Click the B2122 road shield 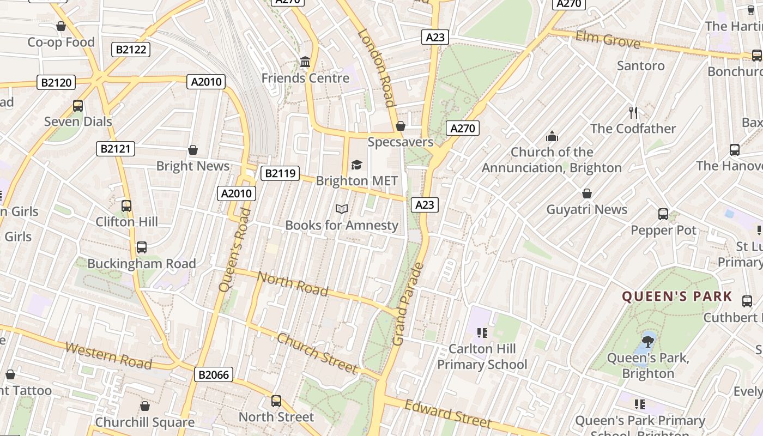pos(131,50)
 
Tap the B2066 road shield pos(214,374)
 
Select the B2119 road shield pos(281,173)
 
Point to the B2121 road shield pos(116,149)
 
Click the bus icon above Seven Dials pos(78,106)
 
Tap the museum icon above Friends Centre pos(305,62)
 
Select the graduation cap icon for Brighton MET pos(356,165)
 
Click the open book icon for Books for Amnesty pos(342,209)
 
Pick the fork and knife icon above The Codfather pos(633,113)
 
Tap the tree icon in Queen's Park pos(648,342)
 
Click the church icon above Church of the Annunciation pos(552,136)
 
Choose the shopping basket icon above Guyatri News pos(587,193)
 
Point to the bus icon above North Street pos(276,401)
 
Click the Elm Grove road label pos(608,40)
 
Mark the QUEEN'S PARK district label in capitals pos(677,296)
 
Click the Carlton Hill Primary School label pos(482,356)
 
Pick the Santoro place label pos(640,66)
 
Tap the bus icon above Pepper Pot pos(663,214)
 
